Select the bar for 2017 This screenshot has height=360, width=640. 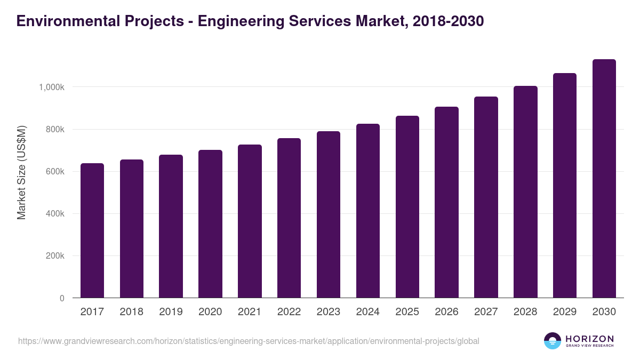click(92, 230)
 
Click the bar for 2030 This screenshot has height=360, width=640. click(604, 179)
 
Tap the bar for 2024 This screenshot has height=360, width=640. click(368, 211)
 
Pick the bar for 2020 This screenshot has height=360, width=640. click(210, 224)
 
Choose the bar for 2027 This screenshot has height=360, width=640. click(486, 197)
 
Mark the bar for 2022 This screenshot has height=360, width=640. click(289, 218)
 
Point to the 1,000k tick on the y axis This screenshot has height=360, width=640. click(51, 87)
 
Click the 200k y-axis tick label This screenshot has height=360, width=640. click(55, 256)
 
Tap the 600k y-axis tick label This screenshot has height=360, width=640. click(55, 172)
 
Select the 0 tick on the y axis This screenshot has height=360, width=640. click(62, 298)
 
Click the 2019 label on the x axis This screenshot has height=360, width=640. click(171, 312)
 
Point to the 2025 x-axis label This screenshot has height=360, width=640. click(407, 312)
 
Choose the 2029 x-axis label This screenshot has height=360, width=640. click(565, 312)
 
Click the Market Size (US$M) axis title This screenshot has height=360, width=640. click(21, 173)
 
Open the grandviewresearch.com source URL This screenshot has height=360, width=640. click(249, 341)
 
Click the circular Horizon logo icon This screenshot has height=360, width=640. click(553, 341)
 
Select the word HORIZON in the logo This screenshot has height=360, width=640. click(589, 338)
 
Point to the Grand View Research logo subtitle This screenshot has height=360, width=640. click(589, 346)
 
